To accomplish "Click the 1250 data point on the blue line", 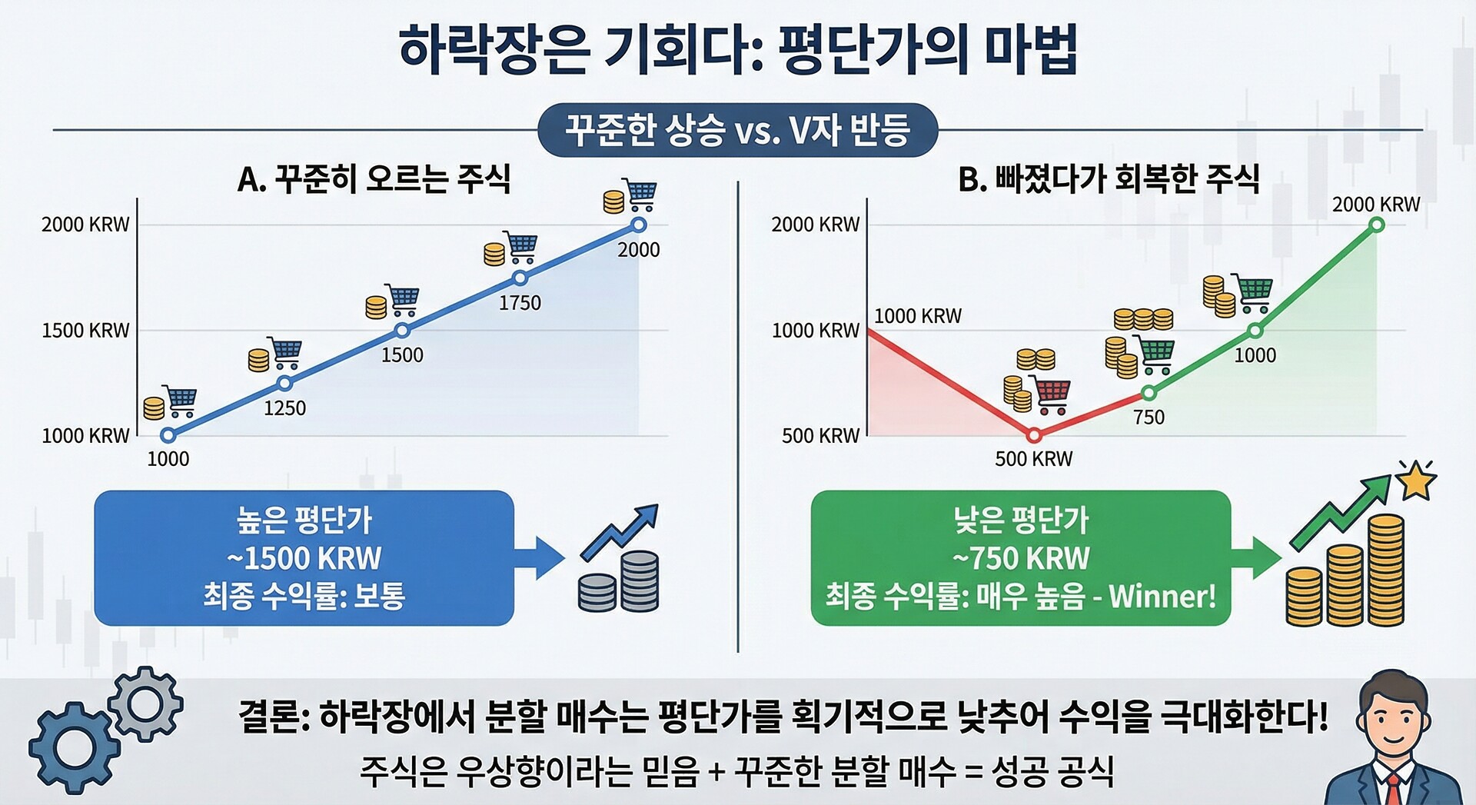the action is pyautogui.click(x=284, y=383).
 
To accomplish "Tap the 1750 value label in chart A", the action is pyautogui.click(x=520, y=303).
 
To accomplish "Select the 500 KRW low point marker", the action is pyautogui.click(x=1034, y=435).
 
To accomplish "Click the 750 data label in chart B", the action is pyautogui.click(x=1149, y=417).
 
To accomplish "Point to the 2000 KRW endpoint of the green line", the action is pyautogui.click(x=1377, y=225).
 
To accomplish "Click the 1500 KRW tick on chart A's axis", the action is pyautogui.click(x=85, y=331).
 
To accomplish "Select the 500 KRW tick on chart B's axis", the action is pyautogui.click(x=820, y=436).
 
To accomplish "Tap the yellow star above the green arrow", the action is pyautogui.click(x=1416, y=481).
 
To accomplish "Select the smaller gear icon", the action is pyautogui.click(x=145, y=704).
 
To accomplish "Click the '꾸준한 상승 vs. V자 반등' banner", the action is pyautogui.click(x=738, y=130).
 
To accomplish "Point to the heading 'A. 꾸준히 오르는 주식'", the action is pyautogui.click(x=374, y=179).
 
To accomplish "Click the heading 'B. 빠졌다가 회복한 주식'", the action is pyautogui.click(x=1109, y=179).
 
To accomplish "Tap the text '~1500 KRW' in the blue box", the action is pyautogui.click(x=304, y=558).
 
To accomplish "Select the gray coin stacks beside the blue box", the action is pyautogui.click(x=618, y=581).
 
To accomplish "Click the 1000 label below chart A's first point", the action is pyautogui.click(x=168, y=459).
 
